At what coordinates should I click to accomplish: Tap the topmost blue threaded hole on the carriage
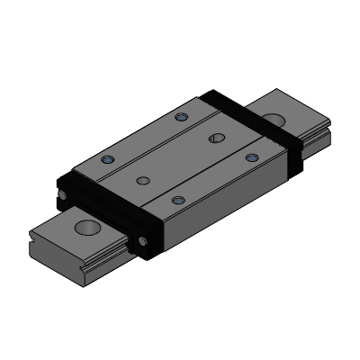click(184, 117)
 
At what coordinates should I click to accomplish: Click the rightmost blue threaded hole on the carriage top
click(252, 157)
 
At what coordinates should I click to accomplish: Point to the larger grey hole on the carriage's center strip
click(215, 138)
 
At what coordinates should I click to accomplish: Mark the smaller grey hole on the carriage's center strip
click(142, 180)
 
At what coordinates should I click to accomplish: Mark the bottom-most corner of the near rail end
click(88, 286)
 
